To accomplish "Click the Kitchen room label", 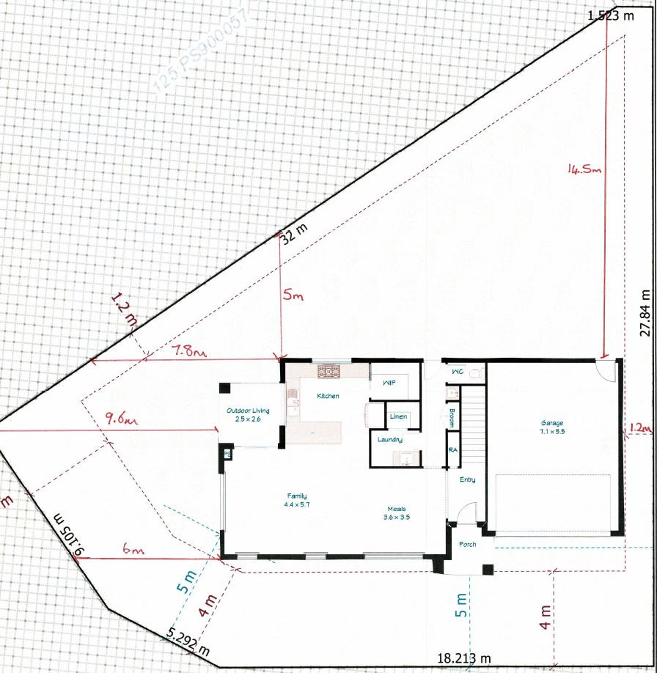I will (327, 396).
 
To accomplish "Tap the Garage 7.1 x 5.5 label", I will (552, 427).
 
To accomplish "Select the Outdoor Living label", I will (248, 415).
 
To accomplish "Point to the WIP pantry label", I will (389, 382).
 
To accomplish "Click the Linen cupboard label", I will (398, 416).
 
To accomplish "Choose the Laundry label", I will (389, 440).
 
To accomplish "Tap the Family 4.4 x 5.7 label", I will (297, 501).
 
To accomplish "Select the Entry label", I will (467, 480).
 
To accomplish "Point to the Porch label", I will (467, 545).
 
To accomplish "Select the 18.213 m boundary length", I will (463, 658).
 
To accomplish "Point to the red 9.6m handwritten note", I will (122, 420).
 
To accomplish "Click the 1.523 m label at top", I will (610, 15).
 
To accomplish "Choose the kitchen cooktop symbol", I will (330, 372).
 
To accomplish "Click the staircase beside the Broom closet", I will (476, 433).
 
